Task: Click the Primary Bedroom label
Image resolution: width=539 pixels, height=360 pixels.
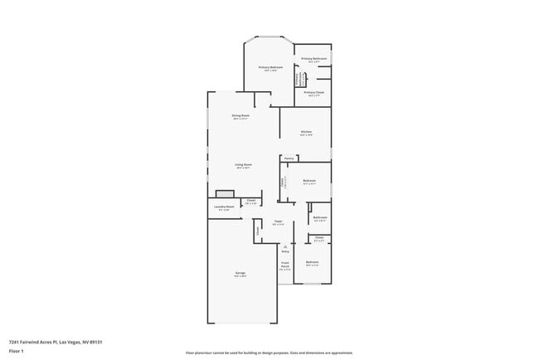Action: coord(270,67)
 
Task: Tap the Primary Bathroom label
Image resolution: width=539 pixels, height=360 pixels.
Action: coord(313,59)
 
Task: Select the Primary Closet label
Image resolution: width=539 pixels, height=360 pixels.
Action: coord(313,93)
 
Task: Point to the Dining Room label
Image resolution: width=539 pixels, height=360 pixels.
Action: coord(240,115)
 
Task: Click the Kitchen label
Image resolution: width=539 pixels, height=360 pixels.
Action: coord(306,132)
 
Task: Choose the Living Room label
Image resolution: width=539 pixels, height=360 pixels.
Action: coord(243,164)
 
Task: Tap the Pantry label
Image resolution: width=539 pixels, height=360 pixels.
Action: coord(289,158)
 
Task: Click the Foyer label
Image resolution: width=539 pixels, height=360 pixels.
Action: coord(279,221)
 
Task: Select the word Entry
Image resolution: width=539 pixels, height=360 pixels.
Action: coord(284,251)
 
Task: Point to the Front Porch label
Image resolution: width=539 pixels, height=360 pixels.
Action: coord(284,266)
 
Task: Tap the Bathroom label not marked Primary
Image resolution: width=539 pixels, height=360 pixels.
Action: coord(320,217)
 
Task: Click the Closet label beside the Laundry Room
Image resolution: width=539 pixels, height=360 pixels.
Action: coord(250,200)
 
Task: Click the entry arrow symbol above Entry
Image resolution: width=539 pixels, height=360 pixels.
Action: coord(284,246)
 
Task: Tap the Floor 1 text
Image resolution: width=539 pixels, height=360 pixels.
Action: coord(17,351)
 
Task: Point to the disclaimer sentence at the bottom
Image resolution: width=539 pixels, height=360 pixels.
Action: coord(269,353)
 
